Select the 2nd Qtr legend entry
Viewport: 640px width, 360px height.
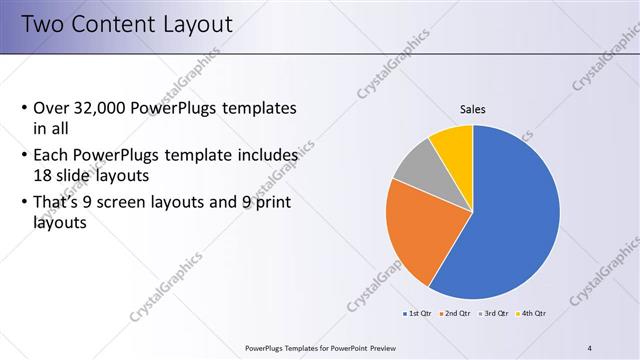coord(455,314)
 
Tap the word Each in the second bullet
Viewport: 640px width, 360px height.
coord(52,156)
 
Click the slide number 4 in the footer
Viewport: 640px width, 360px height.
coord(590,347)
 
